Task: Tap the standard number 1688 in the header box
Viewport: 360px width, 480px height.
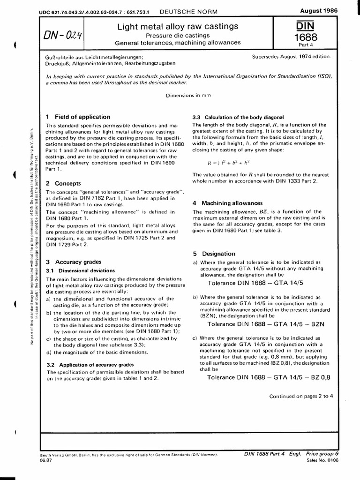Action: point(306,37)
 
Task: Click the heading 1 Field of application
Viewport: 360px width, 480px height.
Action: point(78,117)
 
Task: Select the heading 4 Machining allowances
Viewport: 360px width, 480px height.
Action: point(227,203)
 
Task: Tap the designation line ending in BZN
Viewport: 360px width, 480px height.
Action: point(266,324)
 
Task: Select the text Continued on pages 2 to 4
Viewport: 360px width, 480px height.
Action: point(301,396)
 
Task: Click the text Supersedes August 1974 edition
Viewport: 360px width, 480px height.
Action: point(292,57)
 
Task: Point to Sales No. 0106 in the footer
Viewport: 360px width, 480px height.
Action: point(322,461)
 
